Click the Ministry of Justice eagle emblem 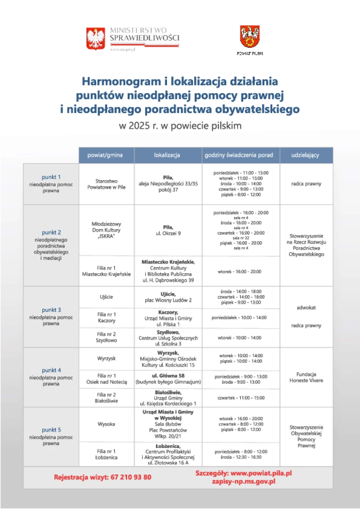coord(96,38)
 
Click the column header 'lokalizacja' coord(167,155)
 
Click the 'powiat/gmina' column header coord(105,155)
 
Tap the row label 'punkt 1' coord(51,177)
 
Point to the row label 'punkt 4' coord(51,370)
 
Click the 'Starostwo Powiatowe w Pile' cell coord(107,184)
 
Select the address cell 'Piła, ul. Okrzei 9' coord(168,230)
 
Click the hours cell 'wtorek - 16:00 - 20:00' coord(239,272)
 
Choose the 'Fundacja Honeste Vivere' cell coord(306,377)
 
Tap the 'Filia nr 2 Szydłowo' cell coord(107,337)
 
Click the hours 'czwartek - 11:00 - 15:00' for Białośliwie coord(241,398)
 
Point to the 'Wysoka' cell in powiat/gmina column coord(107,424)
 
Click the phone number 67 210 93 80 coord(131,477)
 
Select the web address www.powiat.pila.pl coord(261,473)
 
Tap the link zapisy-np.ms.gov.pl coord(244,481)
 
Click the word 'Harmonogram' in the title coord(121,81)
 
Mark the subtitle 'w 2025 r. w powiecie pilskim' coord(180,126)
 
